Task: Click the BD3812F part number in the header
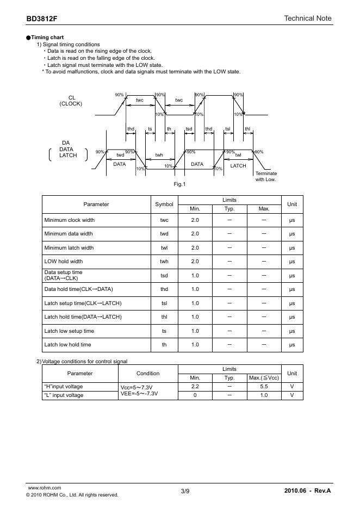tap(41, 18)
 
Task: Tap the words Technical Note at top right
tap(307, 18)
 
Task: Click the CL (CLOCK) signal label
tap(71, 101)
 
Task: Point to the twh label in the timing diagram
tap(159, 155)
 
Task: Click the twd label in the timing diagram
tap(120, 155)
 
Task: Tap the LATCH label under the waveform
tap(238, 166)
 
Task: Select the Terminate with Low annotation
tap(266, 176)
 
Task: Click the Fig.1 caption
tap(179, 184)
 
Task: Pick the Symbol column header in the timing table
tap(164, 204)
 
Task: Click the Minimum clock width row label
tap(69, 220)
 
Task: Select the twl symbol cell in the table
tap(164, 248)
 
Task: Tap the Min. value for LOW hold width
tap(195, 262)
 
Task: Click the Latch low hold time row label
tap(67, 345)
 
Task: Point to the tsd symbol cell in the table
tap(164, 276)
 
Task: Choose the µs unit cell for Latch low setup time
tap(292, 331)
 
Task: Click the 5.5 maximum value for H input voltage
tap(264, 387)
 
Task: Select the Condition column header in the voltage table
tap(148, 374)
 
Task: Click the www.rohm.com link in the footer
tap(44, 488)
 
